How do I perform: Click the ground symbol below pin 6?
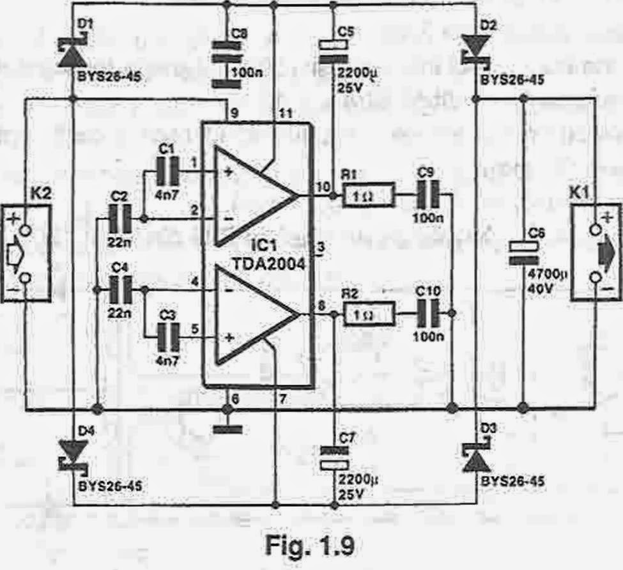(x=227, y=427)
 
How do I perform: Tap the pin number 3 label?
(x=321, y=247)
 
